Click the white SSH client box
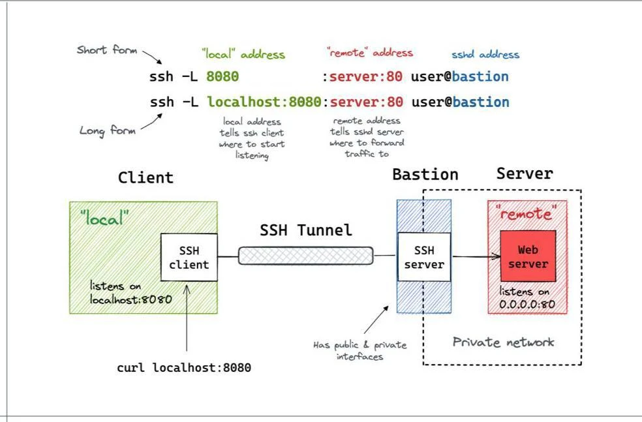[189, 257]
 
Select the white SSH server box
[424, 257]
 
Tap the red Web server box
[528, 256]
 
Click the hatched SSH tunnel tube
[305, 256]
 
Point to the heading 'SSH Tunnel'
[306, 230]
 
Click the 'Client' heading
[145, 177]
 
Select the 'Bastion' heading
[425, 174]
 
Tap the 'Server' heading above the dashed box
[525, 173]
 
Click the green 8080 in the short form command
[222, 76]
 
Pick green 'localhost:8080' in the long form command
[264, 102]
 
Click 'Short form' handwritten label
[107, 50]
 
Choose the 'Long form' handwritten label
[107, 131]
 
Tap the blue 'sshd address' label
[485, 54]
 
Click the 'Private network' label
[503, 342]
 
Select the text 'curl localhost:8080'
[184, 368]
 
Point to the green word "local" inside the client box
[104, 218]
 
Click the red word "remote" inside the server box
[526, 213]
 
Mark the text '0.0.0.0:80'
[527, 304]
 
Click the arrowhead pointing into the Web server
[497, 256]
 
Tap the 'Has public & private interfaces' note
[360, 351]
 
